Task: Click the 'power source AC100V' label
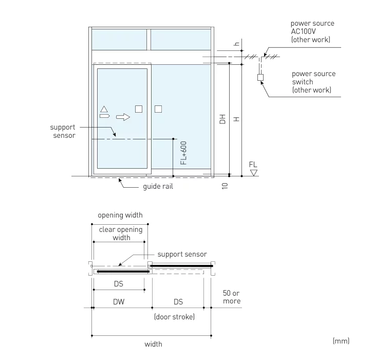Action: click(x=312, y=31)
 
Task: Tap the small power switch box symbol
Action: click(x=260, y=78)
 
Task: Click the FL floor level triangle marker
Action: click(x=253, y=173)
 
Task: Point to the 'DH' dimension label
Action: click(x=222, y=119)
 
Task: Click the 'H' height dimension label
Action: click(x=236, y=119)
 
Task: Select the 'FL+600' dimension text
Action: click(x=184, y=153)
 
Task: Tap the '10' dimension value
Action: click(x=225, y=185)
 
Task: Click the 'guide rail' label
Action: click(x=158, y=186)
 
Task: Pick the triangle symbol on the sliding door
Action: click(x=104, y=109)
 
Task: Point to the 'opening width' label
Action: click(x=120, y=215)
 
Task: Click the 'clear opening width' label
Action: click(x=121, y=233)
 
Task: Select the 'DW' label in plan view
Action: click(x=119, y=302)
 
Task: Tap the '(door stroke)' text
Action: click(x=174, y=317)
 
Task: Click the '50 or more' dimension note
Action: click(x=231, y=297)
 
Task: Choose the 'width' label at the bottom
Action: click(x=153, y=344)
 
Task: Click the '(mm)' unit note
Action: click(x=341, y=340)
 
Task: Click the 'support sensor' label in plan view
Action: click(x=182, y=254)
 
